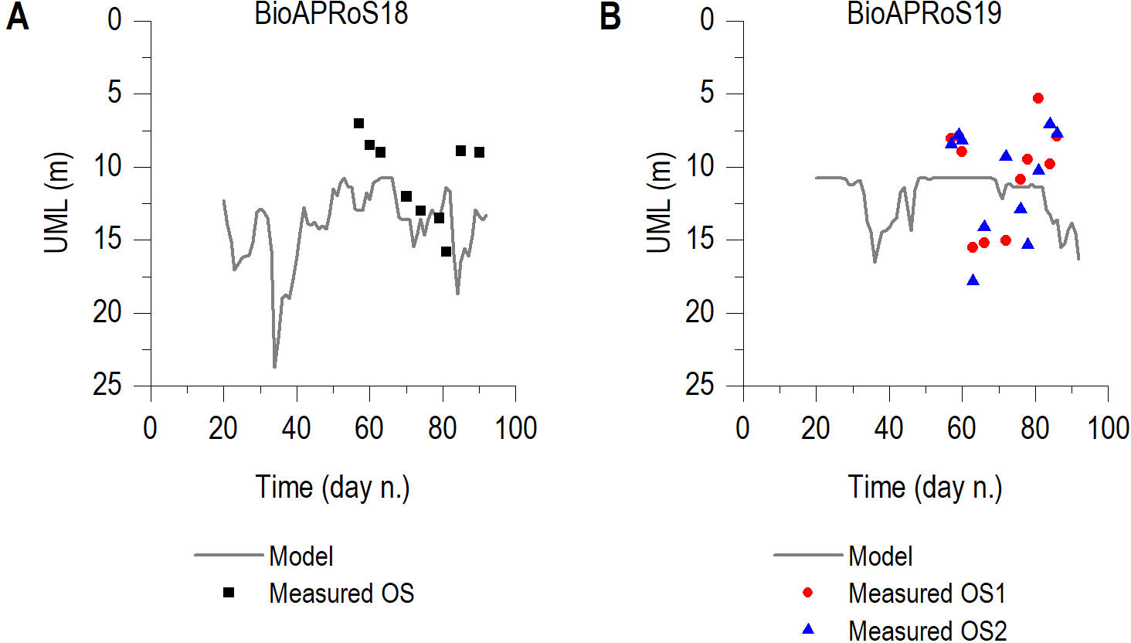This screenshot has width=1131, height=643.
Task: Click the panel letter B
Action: [x=610, y=17]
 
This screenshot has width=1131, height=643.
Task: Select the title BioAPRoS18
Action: [x=331, y=14]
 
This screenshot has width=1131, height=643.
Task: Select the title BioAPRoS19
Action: [x=924, y=14]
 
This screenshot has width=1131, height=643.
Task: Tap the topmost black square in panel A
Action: [x=358, y=124]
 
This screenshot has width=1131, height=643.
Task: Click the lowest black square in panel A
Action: [x=446, y=251]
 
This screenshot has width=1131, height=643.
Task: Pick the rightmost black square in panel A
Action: [x=479, y=152]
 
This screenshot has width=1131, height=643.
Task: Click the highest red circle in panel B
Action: [x=1038, y=98]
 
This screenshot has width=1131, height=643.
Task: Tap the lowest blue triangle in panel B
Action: [x=973, y=281]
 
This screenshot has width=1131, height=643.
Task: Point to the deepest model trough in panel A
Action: [x=274, y=366]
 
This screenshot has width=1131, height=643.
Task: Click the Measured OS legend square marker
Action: [x=229, y=593]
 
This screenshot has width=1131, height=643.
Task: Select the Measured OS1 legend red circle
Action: [x=808, y=593]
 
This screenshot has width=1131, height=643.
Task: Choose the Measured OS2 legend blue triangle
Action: [x=808, y=629]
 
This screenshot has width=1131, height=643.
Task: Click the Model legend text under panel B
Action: [x=880, y=556]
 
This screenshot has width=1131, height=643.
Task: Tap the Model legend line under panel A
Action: [x=229, y=555]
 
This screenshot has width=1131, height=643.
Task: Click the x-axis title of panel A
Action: [x=332, y=488]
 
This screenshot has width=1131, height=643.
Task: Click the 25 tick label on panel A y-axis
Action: [x=108, y=385]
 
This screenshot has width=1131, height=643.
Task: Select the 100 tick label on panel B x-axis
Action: [x=1108, y=428]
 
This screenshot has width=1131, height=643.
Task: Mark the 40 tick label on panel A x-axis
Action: [x=296, y=428]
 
